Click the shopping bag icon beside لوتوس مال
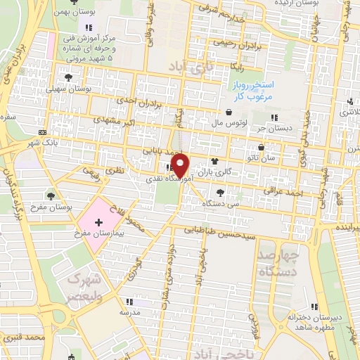point(229,112)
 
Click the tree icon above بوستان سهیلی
point(68,78)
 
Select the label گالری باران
point(214,172)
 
